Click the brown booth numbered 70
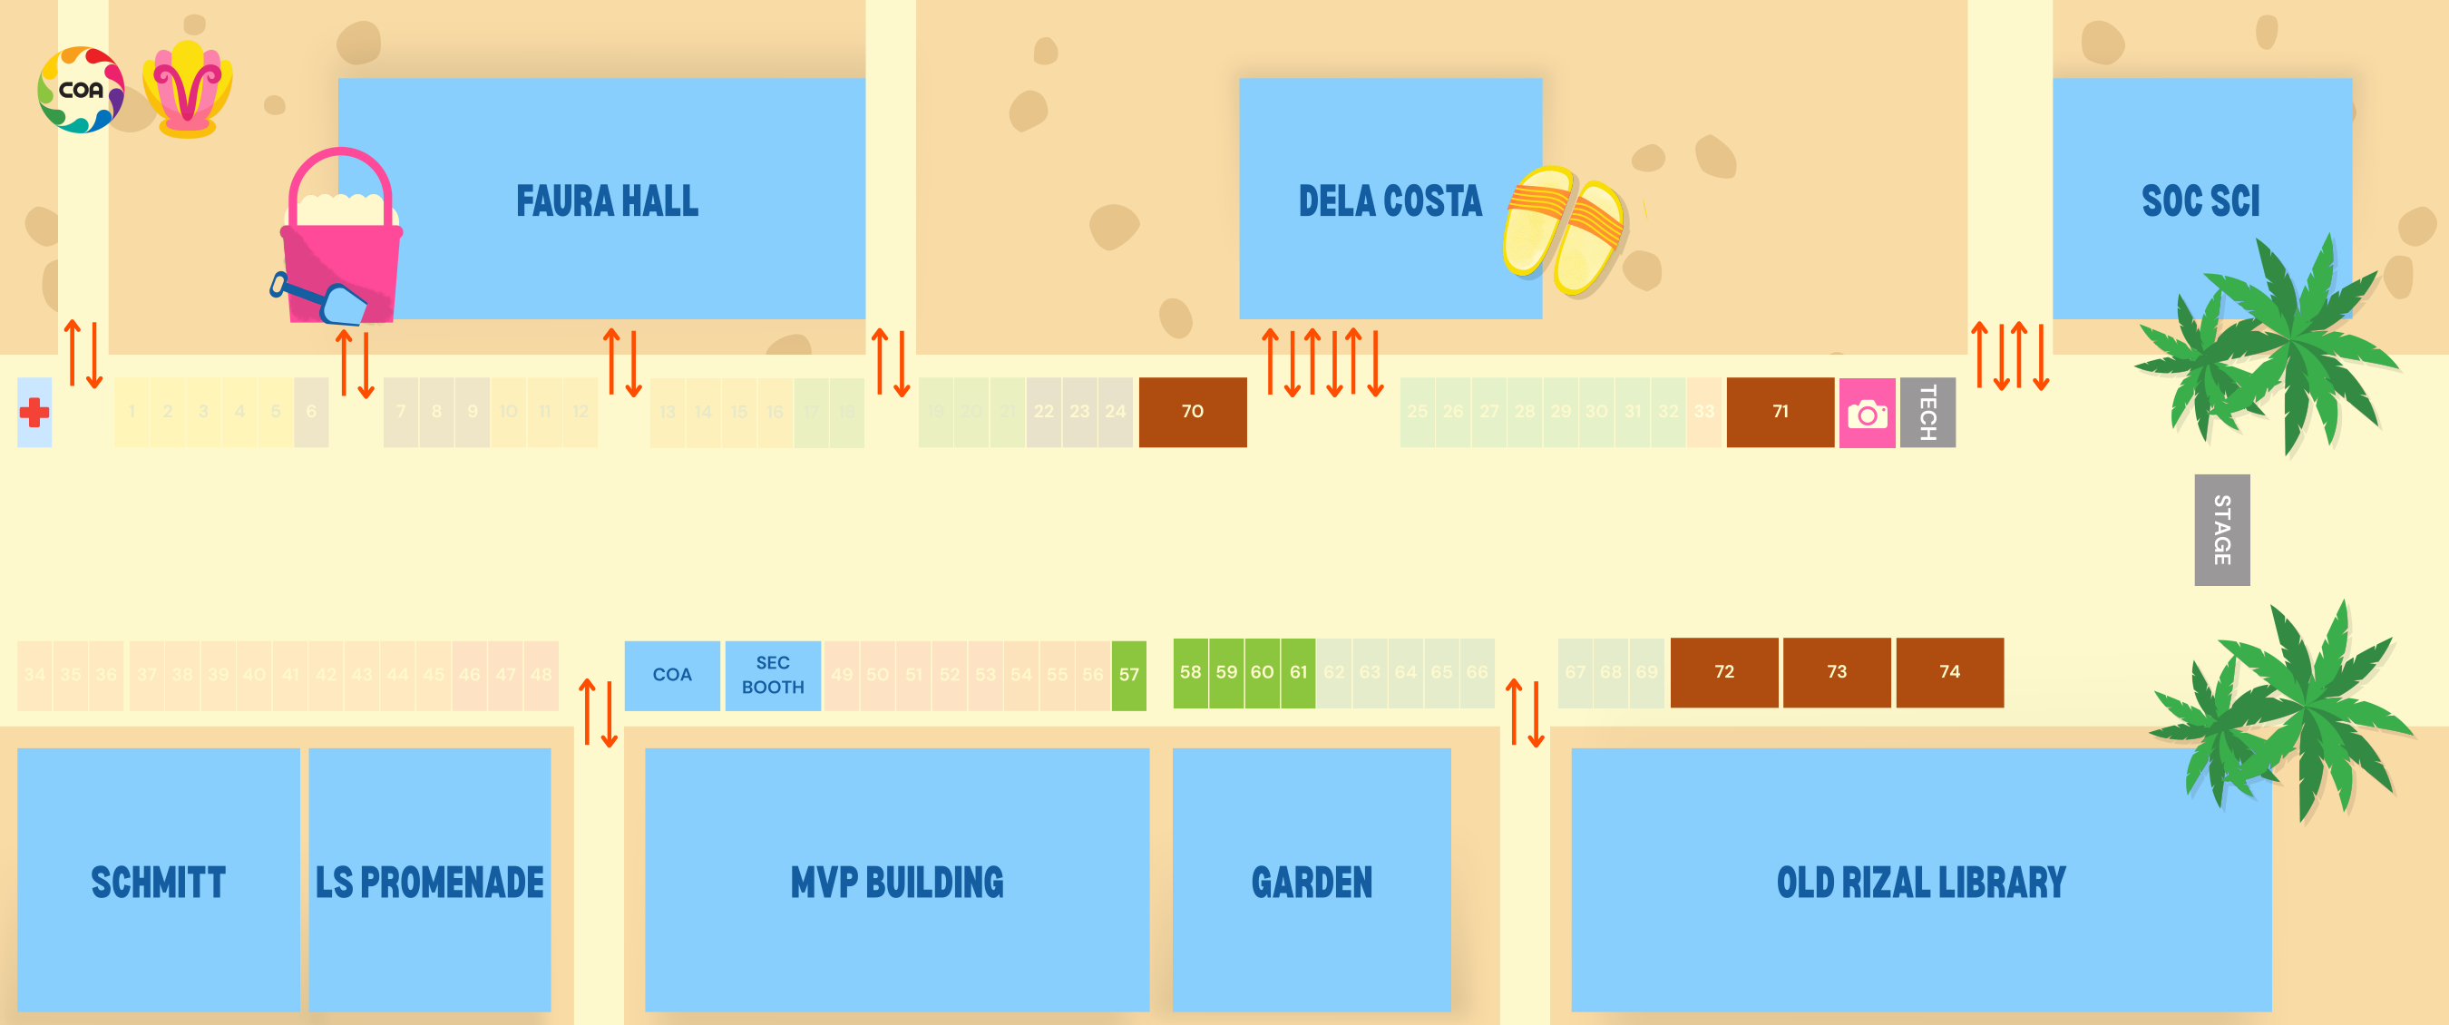pyautogui.click(x=1192, y=412)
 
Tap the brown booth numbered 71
pyautogui.click(x=1780, y=412)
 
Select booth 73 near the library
pyautogui.click(x=1836, y=672)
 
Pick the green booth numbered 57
pyautogui.click(x=1128, y=675)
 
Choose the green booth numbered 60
pyautogui.click(x=1262, y=672)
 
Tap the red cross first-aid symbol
pyautogui.click(x=34, y=413)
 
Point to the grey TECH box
pyautogui.click(x=1927, y=413)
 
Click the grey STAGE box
pyautogui.click(x=2220, y=530)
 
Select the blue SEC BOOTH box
pyautogui.click(x=772, y=675)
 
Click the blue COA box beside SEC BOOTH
pyautogui.click(x=671, y=675)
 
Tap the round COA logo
pyautogui.click(x=81, y=91)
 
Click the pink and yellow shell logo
pyautogui.click(x=187, y=91)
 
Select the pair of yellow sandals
pyautogui.click(x=1564, y=231)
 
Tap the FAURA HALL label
pyautogui.click(x=607, y=201)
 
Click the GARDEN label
pyautogui.click(x=1311, y=883)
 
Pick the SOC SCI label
pyautogui.click(x=2200, y=201)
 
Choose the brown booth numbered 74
pyautogui.click(x=1949, y=672)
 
